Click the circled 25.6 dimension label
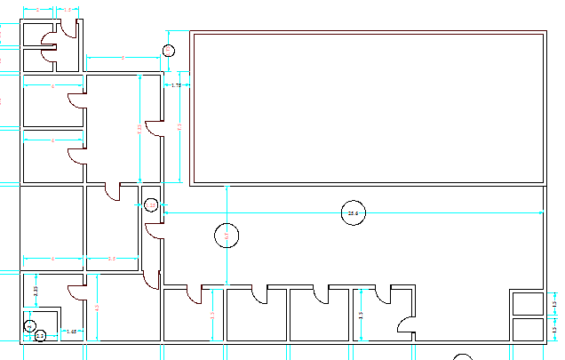pyautogui.click(x=354, y=213)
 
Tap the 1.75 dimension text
pyautogui.click(x=176, y=85)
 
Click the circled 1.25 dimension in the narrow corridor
pyautogui.click(x=151, y=205)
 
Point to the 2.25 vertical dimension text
pyautogui.click(x=36, y=290)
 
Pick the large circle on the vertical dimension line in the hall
pyautogui.click(x=227, y=236)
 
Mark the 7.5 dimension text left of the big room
pyautogui.click(x=180, y=127)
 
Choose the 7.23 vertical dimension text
pyautogui.click(x=139, y=130)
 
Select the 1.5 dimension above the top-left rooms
pyautogui.click(x=68, y=9)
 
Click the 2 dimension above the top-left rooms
pyautogui.click(x=38, y=9)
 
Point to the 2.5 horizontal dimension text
pyautogui.click(x=112, y=259)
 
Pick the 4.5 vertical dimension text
pyautogui.click(x=97, y=308)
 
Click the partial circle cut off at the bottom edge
pyautogui.click(x=462, y=356)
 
